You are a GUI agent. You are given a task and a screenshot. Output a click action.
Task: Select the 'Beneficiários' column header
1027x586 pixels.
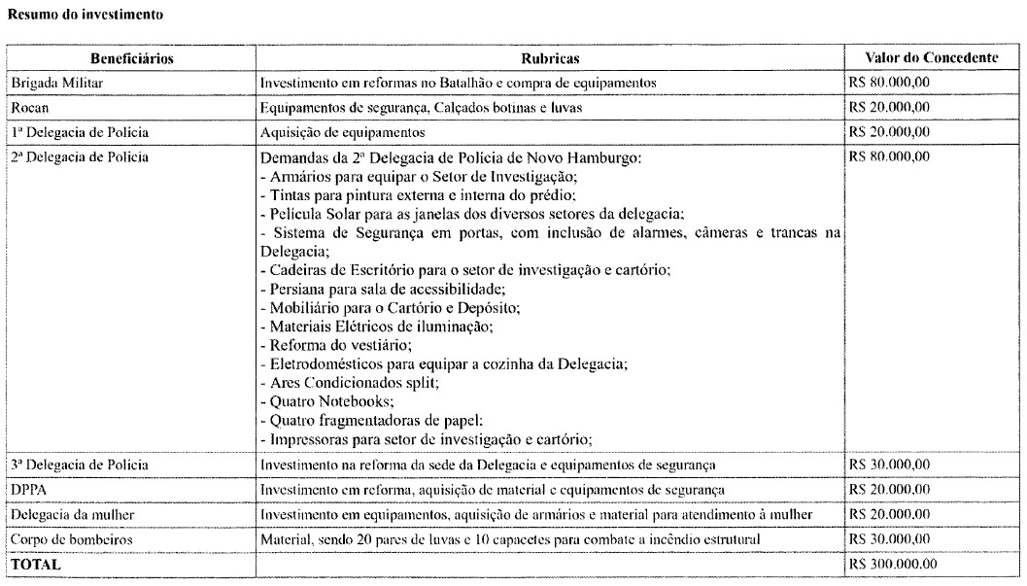pyautogui.click(x=132, y=59)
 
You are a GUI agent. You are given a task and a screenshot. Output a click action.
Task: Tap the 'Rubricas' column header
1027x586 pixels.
pyautogui.click(x=550, y=59)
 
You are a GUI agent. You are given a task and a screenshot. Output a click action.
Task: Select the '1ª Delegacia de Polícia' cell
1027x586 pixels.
pyautogui.click(x=79, y=131)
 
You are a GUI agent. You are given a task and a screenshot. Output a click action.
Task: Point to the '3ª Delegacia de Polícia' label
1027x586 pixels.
pyautogui.click(x=79, y=465)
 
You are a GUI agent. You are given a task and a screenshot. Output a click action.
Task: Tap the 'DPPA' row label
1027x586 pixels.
pyautogui.click(x=27, y=488)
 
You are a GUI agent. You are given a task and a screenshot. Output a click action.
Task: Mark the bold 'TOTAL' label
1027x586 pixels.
pyautogui.click(x=35, y=562)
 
